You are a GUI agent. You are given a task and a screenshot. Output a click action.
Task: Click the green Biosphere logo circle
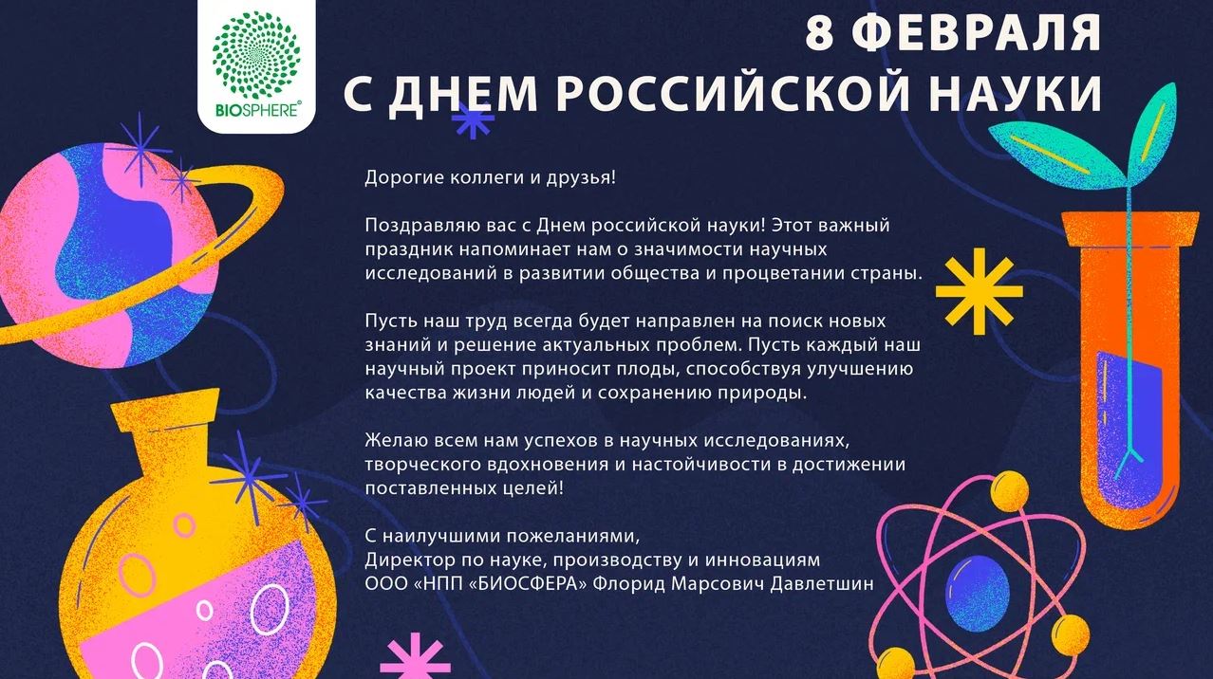tap(256, 55)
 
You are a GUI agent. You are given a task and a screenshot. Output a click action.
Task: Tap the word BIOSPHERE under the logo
tap(257, 110)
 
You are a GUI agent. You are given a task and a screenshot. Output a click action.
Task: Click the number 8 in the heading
tap(819, 32)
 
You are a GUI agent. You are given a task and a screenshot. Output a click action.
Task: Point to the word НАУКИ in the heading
tap(1016, 93)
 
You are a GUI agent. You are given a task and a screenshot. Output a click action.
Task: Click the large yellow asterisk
tap(980, 292)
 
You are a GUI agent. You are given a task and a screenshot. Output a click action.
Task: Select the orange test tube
tap(1130, 368)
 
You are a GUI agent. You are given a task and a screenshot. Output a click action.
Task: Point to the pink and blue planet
tap(108, 254)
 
